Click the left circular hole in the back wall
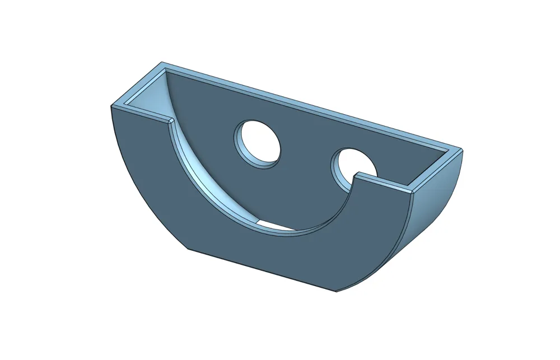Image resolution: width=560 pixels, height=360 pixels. tap(257, 142)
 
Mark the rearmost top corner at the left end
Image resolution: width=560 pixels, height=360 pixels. tap(162, 63)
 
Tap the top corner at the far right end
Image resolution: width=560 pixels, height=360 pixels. tap(462, 149)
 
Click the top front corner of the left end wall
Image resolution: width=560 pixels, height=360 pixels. tap(111, 106)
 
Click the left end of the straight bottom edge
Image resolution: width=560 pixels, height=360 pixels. tap(187, 249)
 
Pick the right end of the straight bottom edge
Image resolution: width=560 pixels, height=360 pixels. tap(335, 291)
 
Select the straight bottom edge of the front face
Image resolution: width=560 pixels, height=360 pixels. tap(261, 270)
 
